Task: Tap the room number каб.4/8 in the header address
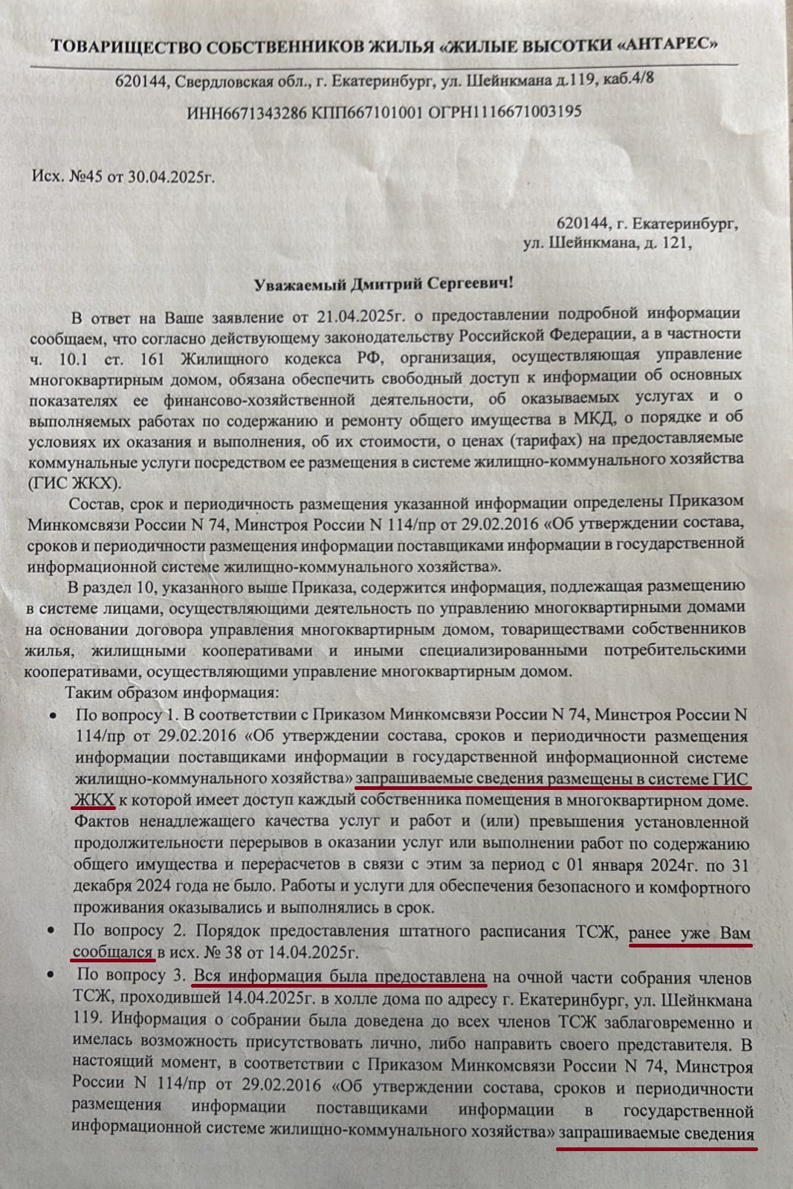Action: click(x=626, y=79)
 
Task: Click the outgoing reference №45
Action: click(x=87, y=177)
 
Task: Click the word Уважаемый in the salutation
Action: click(x=302, y=285)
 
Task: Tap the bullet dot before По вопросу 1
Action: click(x=53, y=715)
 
